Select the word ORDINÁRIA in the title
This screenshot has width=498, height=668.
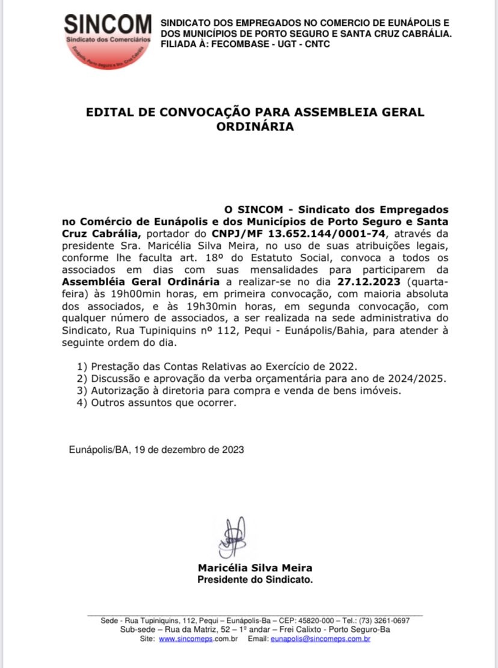coord(255,127)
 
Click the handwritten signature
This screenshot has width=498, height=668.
coord(232,537)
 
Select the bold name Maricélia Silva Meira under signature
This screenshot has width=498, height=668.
coord(255,568)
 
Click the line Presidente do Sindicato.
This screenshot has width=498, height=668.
coord(255,580)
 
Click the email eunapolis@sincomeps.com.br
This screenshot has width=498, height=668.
coord(321,639)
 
